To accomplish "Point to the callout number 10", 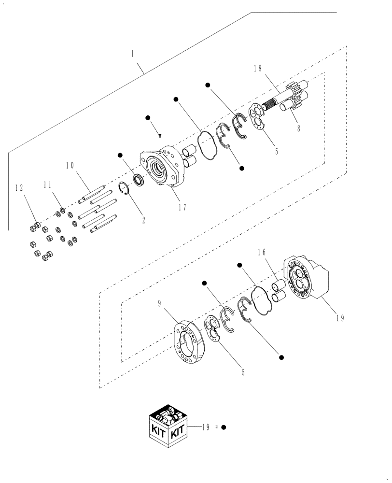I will [70, 166].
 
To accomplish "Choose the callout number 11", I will [47, 185].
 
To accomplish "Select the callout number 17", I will [182, 207].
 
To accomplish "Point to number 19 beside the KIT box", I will [206, 427].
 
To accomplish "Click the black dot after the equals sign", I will [224, 427].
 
